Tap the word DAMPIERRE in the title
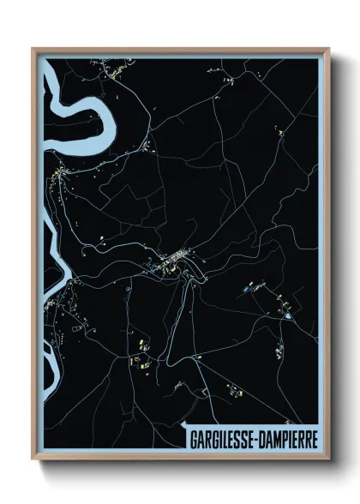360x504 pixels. [x=287, y=437]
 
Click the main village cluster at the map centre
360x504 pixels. [x=176, y=260]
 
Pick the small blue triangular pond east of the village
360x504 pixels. [x=289, y=316]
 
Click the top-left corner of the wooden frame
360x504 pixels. [x=33, y=49]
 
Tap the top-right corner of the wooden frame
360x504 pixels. [x=329, y=49]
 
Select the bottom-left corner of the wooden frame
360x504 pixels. [x=33, y=459]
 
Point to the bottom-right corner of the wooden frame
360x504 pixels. [x=329, y=459]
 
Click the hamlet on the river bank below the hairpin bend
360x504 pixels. [x=58, y=176]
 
